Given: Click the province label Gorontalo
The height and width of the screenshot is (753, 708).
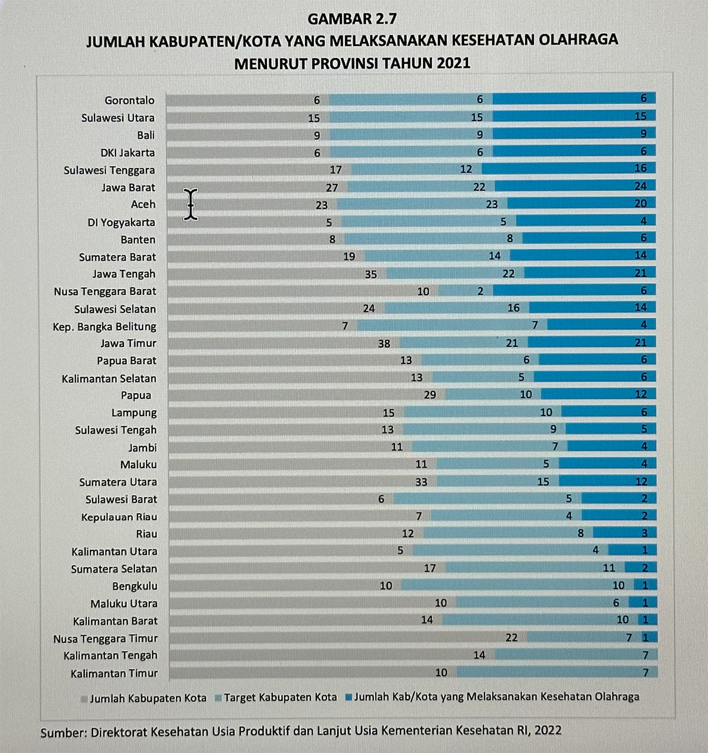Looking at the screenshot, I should tap(129, 100).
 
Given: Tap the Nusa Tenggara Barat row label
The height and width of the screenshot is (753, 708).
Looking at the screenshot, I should tap(105, 291).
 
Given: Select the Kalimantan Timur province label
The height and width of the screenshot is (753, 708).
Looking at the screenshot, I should tap(114, 673).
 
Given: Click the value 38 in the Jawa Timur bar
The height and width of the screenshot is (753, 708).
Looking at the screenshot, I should tap(384, 344).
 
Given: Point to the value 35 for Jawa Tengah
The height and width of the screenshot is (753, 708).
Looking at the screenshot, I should tap(371, 274).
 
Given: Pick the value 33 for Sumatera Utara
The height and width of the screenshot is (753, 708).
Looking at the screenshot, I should tap(421, 482).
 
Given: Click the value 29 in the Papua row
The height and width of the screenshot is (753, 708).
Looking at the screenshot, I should tap(430, 395).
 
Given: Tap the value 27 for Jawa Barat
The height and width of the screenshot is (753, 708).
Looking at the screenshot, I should tap(332, 188).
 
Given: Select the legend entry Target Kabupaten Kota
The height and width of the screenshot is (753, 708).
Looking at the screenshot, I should tap(280, 698).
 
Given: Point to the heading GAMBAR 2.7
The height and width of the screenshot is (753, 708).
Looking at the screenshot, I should tap(352, 19).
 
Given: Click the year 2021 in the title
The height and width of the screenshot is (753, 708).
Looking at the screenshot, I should tap(453, 63).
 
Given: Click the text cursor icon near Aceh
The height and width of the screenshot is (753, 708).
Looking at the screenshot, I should tap(191, 204).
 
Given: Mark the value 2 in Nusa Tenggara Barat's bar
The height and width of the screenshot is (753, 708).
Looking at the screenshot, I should tap(480, 291).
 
